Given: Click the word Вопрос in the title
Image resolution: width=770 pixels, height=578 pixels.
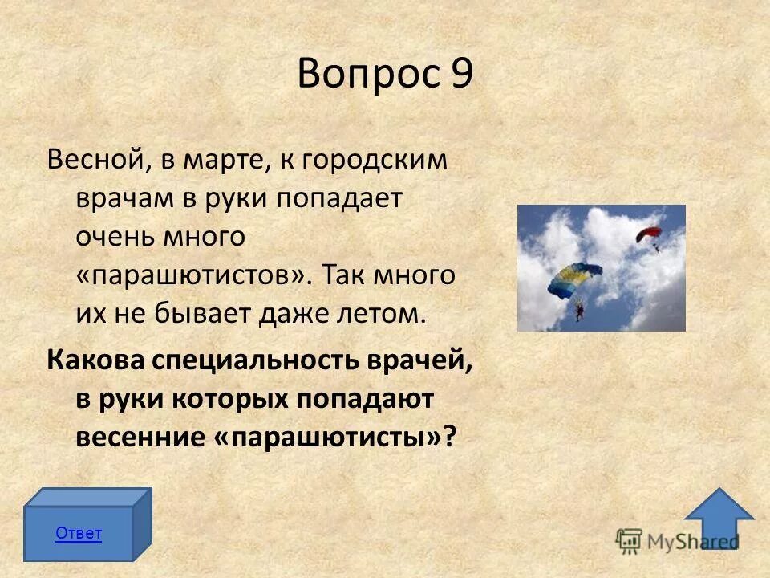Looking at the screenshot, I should pos(366,75).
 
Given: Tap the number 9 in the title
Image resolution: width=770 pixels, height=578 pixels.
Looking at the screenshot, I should pos(460,75).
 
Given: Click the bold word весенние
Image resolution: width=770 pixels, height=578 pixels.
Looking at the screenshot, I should pos(143,437).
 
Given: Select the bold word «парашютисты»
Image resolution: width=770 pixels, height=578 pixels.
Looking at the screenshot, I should pos(329,437).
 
